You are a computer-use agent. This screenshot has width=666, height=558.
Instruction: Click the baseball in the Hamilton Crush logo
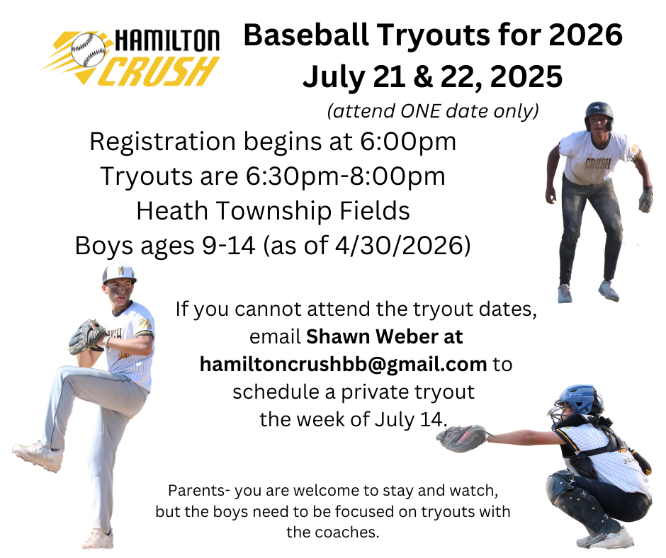(88, 50)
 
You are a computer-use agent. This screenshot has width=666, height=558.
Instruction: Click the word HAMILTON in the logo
(167, 41)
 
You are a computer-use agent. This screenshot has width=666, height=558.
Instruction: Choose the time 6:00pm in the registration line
(408, 142)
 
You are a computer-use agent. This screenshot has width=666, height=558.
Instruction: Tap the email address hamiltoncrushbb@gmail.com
(343, 365)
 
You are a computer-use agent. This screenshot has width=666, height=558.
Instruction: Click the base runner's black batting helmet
(599, 115)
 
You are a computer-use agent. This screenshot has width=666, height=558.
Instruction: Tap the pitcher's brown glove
(86, 336)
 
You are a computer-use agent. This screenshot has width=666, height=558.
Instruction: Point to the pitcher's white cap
(119, 274)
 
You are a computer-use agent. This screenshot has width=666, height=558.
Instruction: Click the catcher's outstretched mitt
(464, 438)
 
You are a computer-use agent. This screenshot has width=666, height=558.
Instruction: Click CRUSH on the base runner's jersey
(597, 163)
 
